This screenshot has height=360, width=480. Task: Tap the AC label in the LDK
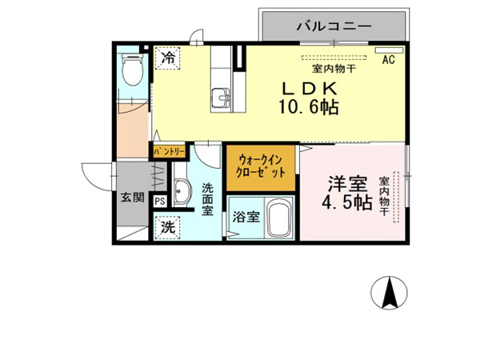point(389,60)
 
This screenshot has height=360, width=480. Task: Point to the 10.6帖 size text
point(307,106)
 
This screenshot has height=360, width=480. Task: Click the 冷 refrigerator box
point(168,58)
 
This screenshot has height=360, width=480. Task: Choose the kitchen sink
point(221,100)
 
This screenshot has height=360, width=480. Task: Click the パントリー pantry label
point(169,150)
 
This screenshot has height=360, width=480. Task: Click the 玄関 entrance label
point(132,197)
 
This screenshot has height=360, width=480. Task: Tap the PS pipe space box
point(160,201)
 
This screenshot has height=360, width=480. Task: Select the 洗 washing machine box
point(168,227)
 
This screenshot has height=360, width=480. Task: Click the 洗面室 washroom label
point(208,199)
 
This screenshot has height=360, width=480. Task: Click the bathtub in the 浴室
point(278,218)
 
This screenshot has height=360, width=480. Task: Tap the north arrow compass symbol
point(391,294)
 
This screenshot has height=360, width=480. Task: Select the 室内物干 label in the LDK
point(328,69)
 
